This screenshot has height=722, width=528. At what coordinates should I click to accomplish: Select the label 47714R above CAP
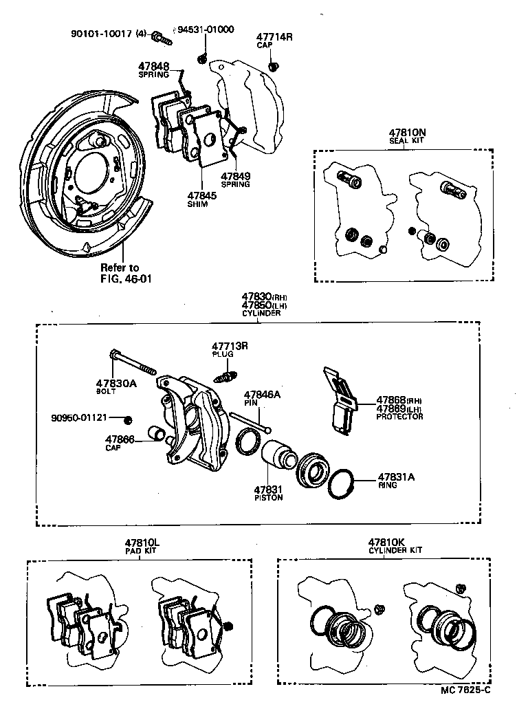coord(274,37)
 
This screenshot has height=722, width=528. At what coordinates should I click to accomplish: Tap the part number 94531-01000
coord(206,30)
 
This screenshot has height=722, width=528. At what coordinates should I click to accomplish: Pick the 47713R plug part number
coord(229,345)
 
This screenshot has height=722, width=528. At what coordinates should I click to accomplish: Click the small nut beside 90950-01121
coord(128,419)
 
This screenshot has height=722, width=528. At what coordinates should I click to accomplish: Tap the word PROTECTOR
coord(399,417)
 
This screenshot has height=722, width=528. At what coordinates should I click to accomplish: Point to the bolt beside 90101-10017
coord(163,37)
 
